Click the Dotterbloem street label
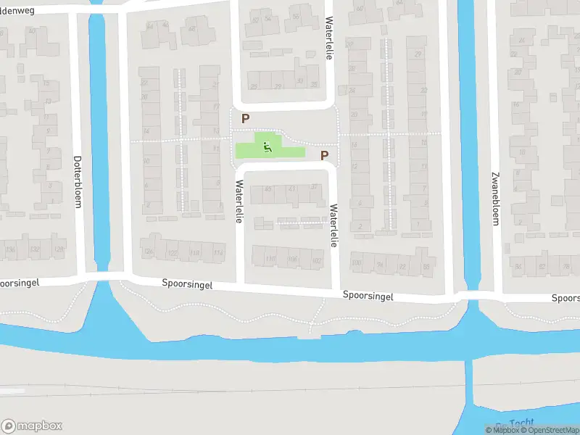77,181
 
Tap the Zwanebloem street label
495,199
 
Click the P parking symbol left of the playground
246,118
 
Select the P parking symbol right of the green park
324,155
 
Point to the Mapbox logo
32,426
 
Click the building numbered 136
11,250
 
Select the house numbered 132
35,250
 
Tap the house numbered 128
58,250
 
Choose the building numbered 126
149,252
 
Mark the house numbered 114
218,253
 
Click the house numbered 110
271,260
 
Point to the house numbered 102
316,260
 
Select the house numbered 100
356,263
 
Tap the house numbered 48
192,30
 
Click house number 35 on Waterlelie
314,84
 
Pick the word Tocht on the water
521,423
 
